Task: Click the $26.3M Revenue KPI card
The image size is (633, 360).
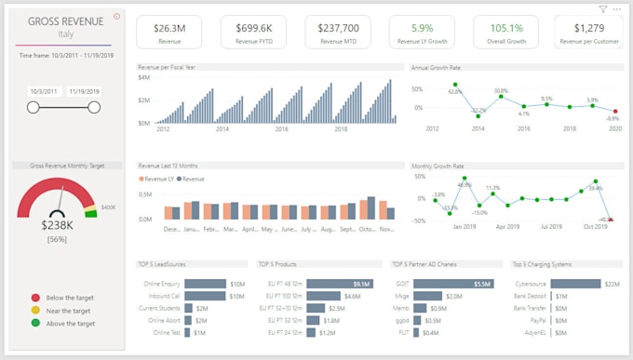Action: click(x=169, y=32)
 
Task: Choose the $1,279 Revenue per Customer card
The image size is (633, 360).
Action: click(x=589, y=32)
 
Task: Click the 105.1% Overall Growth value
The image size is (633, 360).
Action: click(x=505, y=28)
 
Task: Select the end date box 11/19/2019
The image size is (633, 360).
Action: click(x=85, y=91)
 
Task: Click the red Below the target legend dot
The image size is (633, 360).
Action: click(x=34, y=298)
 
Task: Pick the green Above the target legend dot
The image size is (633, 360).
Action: click(x=34, y=324)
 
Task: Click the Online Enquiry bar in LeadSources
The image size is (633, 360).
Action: click(x=206, y=284)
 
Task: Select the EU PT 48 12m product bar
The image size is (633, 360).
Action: click(x=338, y=284)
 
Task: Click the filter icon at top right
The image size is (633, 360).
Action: click(x=603, y=9)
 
